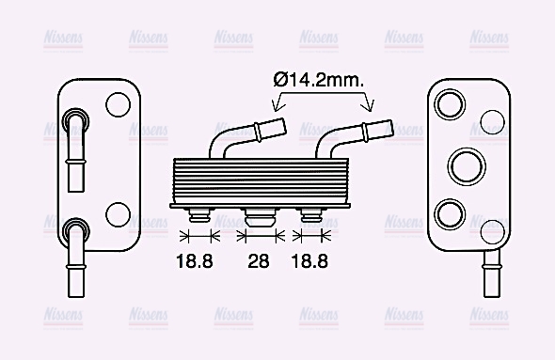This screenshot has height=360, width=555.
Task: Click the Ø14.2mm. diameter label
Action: (x=319, y=81)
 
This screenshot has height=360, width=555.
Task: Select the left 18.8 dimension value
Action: (x=195, y=260)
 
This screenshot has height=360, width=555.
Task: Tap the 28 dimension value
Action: (x=258, y=260)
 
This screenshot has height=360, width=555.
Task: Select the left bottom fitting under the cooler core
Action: (x=198, y=216)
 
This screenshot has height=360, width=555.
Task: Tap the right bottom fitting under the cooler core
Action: (x=312, y=216)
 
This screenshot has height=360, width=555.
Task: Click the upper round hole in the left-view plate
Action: (x=119, y=103)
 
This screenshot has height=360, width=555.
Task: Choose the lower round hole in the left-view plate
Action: (x=119, y=214)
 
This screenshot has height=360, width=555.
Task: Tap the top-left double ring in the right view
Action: (x=450, y=102)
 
